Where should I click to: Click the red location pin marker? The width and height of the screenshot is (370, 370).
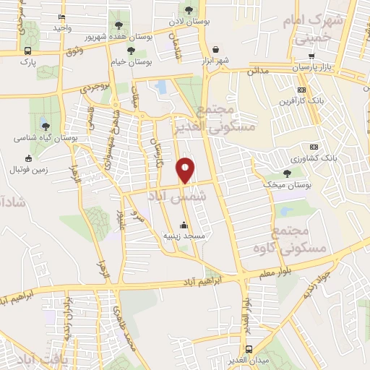pos(186,170)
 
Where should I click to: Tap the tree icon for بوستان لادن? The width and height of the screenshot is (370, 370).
pos(189,10)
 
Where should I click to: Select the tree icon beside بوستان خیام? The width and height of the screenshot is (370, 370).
pos(131,50)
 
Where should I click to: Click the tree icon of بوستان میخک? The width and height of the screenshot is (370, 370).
pos(288,173)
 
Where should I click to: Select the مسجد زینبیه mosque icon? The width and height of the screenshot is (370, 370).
pos(184,225)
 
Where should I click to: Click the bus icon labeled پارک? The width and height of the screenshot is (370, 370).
pos(27,51)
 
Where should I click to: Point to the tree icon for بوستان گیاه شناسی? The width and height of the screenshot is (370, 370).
pos(46,126)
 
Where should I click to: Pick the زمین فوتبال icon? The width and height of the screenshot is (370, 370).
pos(29,158)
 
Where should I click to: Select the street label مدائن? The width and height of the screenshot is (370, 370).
pos(257,72)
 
